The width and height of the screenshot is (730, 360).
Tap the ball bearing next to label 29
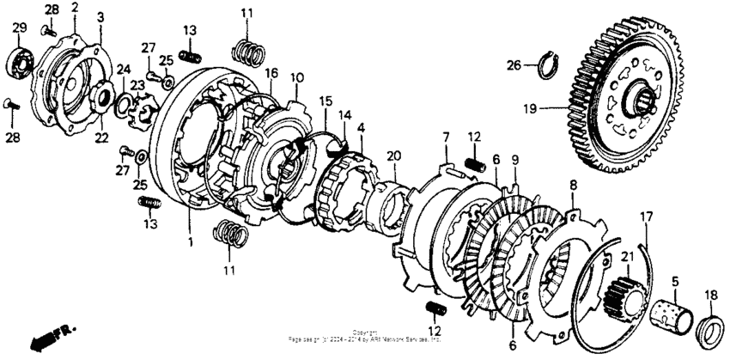click(19, 64)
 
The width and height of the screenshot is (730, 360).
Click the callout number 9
click(514, 160)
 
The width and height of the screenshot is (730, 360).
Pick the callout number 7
click(446, 137)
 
